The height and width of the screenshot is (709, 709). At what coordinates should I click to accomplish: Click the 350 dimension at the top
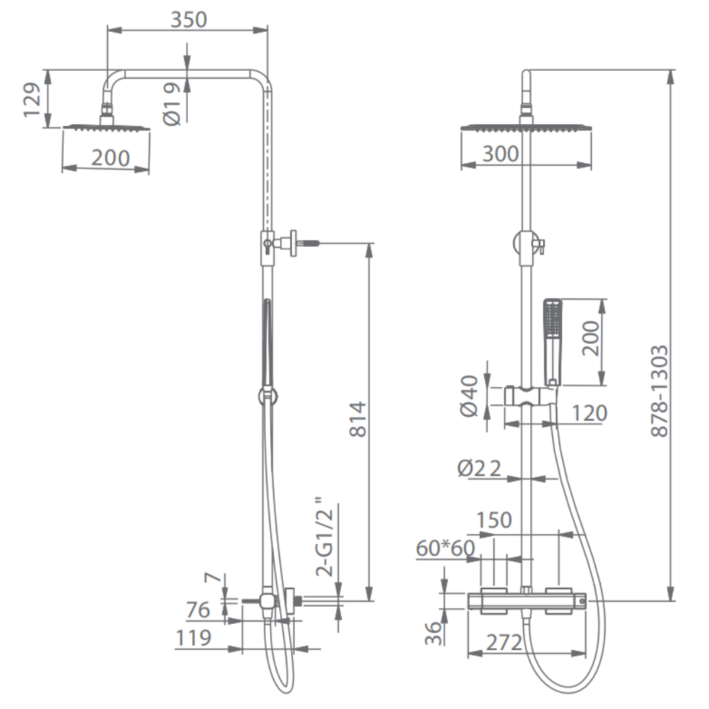(189, 19)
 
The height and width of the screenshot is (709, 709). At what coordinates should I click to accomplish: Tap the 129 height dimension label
(32, 100)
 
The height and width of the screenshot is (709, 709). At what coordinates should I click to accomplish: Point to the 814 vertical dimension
(357, 419)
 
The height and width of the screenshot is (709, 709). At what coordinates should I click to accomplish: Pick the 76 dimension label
(198, 610)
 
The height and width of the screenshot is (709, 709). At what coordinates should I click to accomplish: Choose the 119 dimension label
(194, 637)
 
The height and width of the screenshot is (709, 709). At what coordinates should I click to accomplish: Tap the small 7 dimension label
(213, 577)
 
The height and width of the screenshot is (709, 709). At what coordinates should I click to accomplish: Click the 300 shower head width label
(501, 154)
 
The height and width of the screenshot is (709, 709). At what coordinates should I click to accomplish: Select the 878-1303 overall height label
(659, 391)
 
